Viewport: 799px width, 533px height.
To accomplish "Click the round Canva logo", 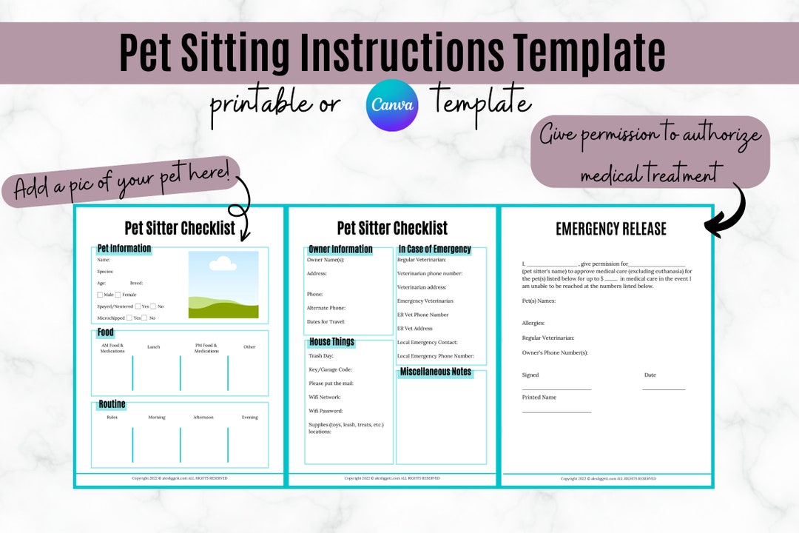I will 392,105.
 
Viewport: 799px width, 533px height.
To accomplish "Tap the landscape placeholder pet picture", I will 223,284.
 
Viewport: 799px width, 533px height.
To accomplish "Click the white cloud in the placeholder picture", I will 222,264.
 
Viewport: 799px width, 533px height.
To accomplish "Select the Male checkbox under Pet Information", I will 101,295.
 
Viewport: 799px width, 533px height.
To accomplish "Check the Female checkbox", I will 118,295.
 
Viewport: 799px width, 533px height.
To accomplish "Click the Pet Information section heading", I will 124,249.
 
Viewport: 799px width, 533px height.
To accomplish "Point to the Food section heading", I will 106,332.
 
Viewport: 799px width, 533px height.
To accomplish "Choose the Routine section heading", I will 112,404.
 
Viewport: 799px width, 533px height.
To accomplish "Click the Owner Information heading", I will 340,249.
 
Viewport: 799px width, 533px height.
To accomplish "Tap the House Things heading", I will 331,342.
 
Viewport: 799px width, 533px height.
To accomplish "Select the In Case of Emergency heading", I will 434,249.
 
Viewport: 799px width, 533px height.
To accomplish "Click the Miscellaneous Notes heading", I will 436,372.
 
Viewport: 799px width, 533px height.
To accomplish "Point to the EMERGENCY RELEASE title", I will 611,229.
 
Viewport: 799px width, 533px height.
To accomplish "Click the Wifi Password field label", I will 326,411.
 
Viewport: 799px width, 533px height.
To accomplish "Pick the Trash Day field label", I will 320,356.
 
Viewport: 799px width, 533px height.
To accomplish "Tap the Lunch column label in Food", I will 153,346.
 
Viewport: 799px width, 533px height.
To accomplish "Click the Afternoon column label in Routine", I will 203,417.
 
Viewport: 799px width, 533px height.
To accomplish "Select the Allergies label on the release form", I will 533,323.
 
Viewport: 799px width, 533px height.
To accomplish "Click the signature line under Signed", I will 556,389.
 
